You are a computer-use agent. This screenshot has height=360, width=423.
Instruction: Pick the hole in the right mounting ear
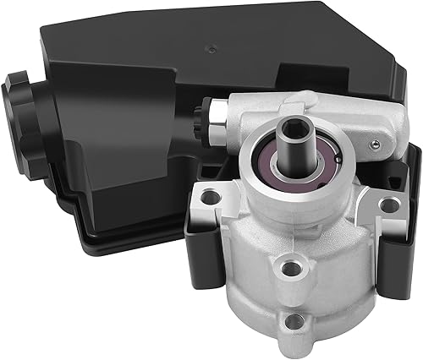point(388,205)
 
